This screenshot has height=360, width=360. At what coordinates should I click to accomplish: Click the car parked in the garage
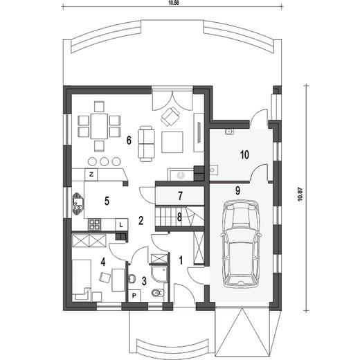point(241,244)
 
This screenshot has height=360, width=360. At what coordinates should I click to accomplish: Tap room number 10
point(244,154)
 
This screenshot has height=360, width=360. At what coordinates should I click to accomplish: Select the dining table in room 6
point(99,126)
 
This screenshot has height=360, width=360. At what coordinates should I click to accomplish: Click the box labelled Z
point(91,174)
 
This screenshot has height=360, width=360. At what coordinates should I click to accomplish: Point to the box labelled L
point(121,224)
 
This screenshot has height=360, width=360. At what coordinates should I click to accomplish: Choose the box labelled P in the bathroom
point(134,296)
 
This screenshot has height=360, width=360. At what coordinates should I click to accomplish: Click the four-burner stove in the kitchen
point(94,224)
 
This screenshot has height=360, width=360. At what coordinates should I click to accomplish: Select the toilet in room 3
point(158,293)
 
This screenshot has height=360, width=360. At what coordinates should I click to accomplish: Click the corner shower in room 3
point(159,273)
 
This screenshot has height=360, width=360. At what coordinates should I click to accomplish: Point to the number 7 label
point(180,196)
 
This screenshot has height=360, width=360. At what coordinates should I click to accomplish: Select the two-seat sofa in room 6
point(146,143)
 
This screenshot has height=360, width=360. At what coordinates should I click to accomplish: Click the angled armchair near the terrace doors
point(170,116)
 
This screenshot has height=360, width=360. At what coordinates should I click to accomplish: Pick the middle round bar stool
point(105,161)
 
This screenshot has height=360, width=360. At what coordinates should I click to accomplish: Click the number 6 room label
point(129,140)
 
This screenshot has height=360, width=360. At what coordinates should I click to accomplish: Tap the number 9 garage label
point(237,190)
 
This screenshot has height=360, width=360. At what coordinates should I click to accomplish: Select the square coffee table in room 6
point(172,142)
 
